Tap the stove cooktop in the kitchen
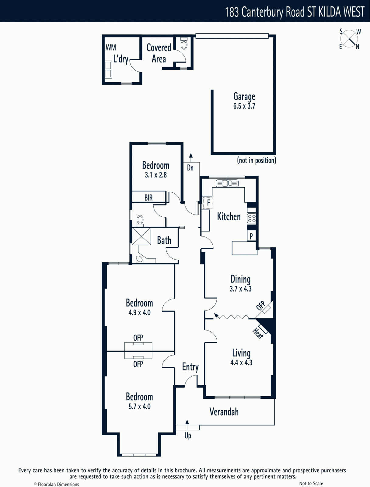pos(252,218)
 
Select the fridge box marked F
pos(208,203)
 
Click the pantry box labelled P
pos(251,236)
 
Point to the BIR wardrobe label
pos(148,198)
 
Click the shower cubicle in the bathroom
pos(141,236)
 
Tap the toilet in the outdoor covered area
pos(184,44)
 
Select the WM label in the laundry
pos(111,47)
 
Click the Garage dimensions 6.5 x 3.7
pos(244,106)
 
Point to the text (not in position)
pos(257,160)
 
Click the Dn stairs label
pos(190,168)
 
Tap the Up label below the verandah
pos(188,436)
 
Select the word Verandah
pos(224,412)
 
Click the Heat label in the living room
pos(258,333)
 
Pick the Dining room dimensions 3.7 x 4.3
pos(241,289)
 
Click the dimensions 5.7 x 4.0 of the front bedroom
pos(139,406)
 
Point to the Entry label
pos(190,367)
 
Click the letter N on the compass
pos(357,47)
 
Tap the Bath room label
pos(164,240)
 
